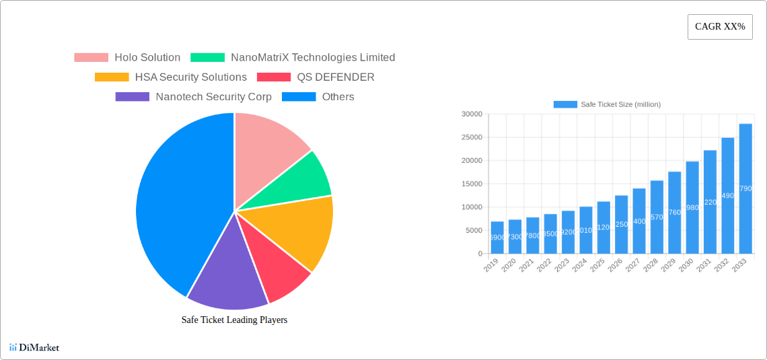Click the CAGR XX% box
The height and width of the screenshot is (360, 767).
(x=720, y=27)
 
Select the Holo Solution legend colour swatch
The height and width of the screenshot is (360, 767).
(x=91, y=58)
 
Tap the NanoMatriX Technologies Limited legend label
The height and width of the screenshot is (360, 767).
(x=312, y=58)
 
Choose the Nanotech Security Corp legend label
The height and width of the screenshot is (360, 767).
(x=213, y=97)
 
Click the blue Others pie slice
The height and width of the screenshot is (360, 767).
(x=175, y=202)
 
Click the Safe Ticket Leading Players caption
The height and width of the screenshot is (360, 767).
(x=234, y=320)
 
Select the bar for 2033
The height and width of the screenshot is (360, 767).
(x=745, y=188)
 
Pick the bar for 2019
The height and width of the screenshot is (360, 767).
(x=497, y=238)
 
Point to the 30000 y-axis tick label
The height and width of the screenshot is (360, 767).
(x=472, y=114)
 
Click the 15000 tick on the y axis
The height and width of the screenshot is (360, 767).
(x=472, y=184)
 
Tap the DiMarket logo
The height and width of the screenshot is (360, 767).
(x=34, y=347)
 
